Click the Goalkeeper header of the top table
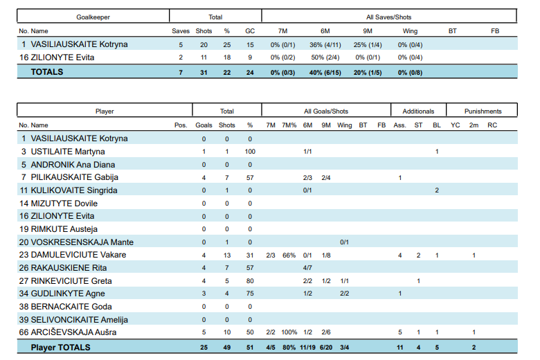point(93,16)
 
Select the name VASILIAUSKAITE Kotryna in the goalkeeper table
point(79,44)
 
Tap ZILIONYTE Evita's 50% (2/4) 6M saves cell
point(325,57)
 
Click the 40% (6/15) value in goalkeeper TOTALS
point(325,72)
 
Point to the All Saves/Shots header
point(389,16)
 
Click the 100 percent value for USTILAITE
point(250,152)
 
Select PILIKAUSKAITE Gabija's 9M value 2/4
point(326,177)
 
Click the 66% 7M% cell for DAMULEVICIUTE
point(289,255)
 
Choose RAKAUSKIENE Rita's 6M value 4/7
point(307,268)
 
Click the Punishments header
point(483,111)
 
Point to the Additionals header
point(418,111)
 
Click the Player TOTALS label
point(61,347)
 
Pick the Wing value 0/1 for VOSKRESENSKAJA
point(344,242)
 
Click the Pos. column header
point(181,125)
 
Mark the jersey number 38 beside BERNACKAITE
point(24,307)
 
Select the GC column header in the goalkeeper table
point(250,30)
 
